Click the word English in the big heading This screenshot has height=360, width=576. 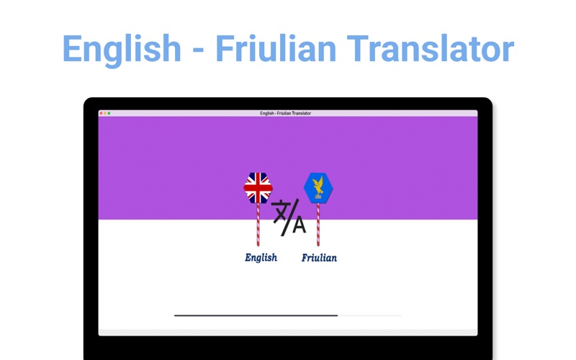(122, 50)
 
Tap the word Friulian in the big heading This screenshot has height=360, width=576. (276, 48)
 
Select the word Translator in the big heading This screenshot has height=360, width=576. (430, 48)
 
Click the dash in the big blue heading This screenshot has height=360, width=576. (198, 49)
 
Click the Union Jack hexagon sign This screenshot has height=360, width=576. (258, 188)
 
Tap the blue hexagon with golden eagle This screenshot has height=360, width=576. (318, 188)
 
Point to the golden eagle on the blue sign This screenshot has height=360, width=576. (318, 186)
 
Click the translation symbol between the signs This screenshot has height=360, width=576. (289, 217)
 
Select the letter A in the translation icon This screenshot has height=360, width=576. (299, 225)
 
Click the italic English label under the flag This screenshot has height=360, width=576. (261, 258)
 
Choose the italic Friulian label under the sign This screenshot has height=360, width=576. (319, 258)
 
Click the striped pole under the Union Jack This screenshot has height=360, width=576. (258, 225)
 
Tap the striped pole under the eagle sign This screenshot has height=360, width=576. (318, 225)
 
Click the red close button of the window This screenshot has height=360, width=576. (101, 113)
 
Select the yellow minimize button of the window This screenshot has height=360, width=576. (105, 113)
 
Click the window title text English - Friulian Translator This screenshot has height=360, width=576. (285, 113)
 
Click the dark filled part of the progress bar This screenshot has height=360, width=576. (256, 315)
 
